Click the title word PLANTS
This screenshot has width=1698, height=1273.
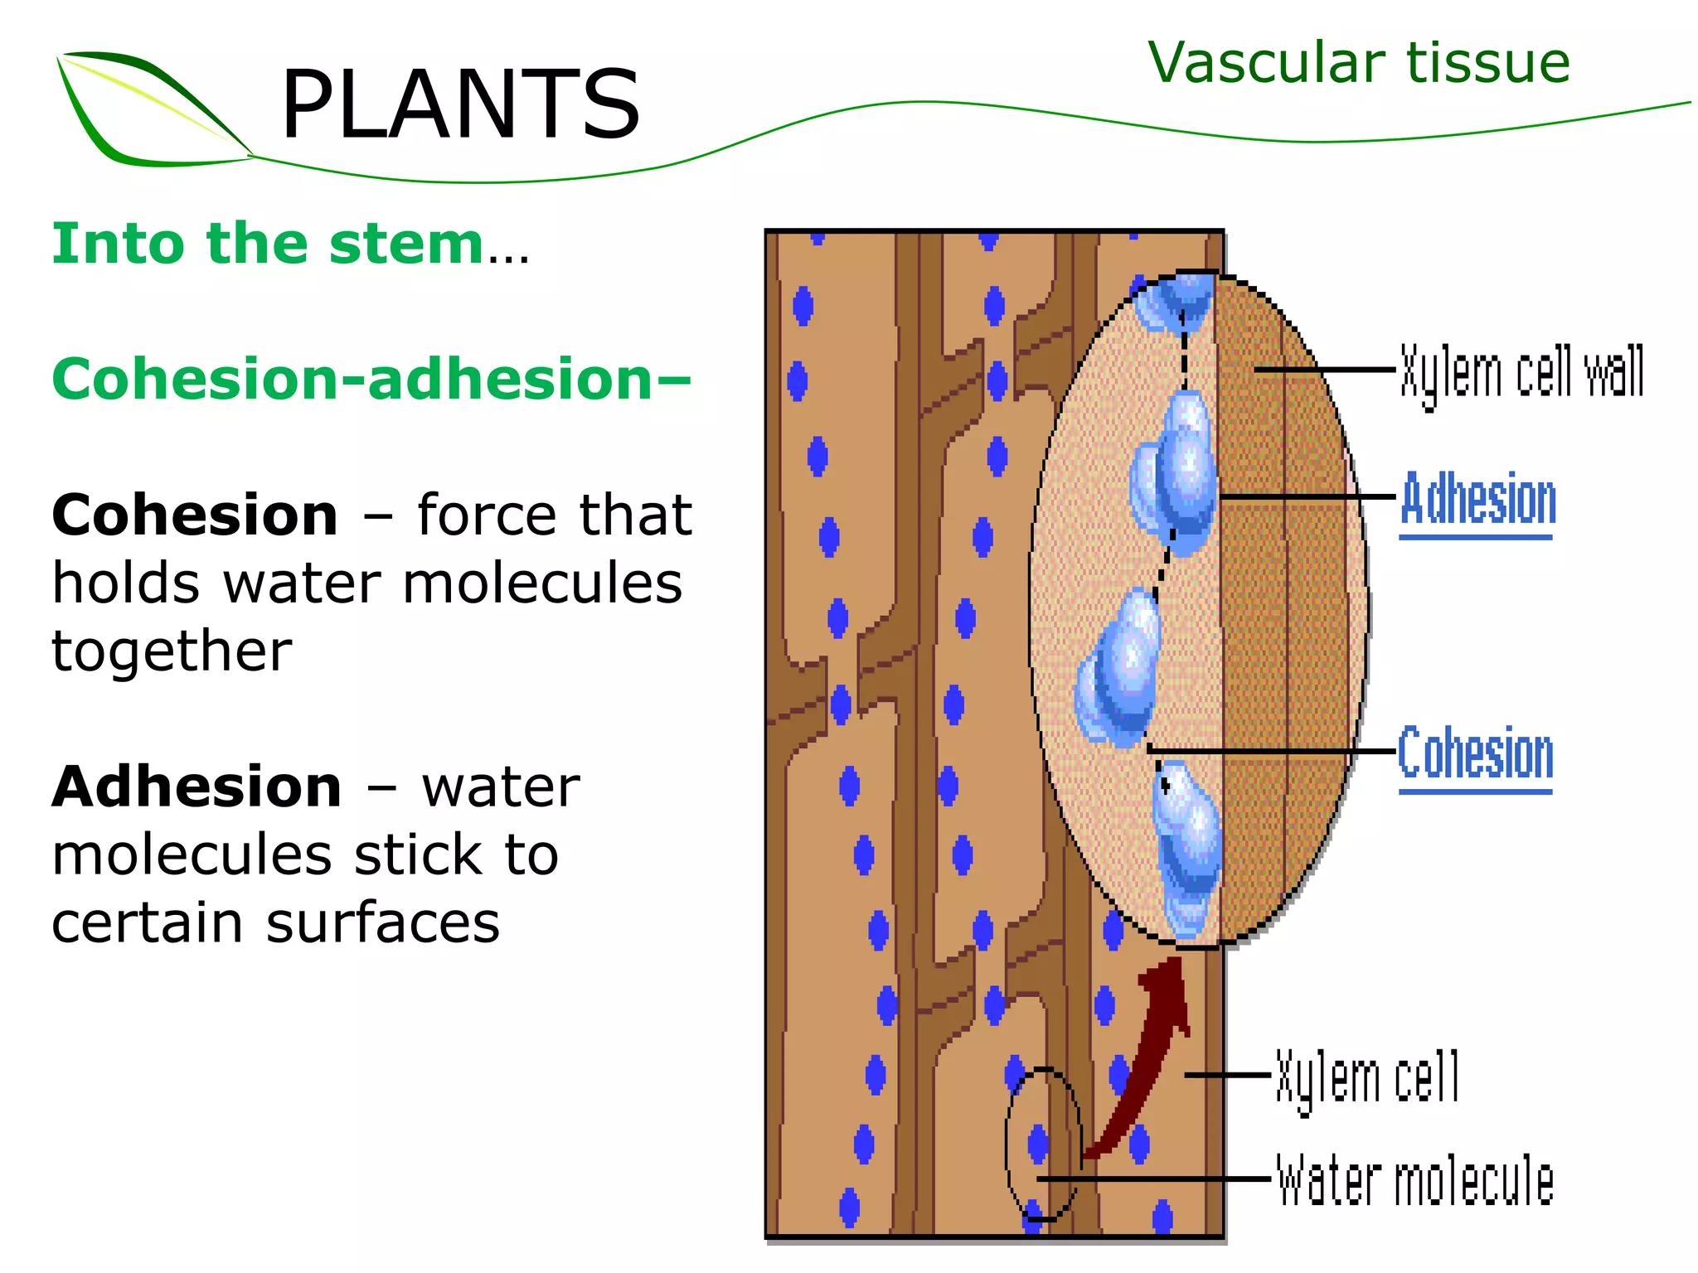461,105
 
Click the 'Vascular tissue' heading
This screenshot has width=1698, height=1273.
1359,63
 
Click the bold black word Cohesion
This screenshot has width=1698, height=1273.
195,515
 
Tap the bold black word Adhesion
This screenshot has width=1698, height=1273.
196,787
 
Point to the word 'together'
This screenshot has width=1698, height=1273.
172,651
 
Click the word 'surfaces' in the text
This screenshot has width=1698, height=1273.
383,922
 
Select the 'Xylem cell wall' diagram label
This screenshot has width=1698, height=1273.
1522,373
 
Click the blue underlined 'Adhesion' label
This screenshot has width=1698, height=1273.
1478,500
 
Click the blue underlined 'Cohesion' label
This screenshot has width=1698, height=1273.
1476,753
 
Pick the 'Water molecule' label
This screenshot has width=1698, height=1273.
1414,1180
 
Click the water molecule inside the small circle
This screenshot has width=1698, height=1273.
1038,1145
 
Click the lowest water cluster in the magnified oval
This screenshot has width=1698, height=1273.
1187,849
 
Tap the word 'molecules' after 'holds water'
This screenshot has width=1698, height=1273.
542,583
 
